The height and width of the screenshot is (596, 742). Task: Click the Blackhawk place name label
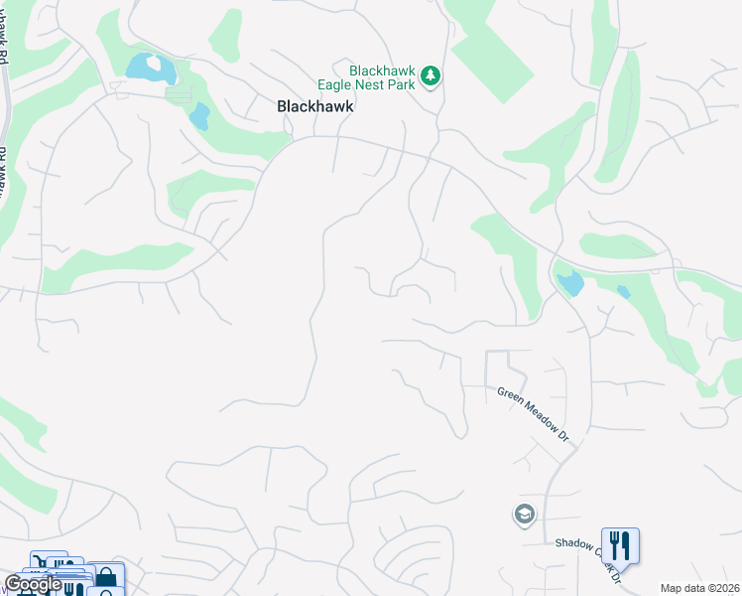tap(314, 105)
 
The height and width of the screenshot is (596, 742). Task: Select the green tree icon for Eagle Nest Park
tap(430, 75)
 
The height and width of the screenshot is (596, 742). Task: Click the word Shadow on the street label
tap(573, 543)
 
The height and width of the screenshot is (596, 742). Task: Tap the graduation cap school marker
tap(523, 515)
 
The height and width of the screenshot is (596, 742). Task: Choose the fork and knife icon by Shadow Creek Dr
tap(620, 544)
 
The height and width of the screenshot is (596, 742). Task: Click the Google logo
tap(33, 584)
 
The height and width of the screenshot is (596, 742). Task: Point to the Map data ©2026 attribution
tap(700, 588)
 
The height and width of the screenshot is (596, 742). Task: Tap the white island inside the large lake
tap(154, 64)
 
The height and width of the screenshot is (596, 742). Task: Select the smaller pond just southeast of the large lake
tap(199, 116)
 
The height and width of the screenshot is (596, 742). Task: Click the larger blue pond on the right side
tap(570, 283)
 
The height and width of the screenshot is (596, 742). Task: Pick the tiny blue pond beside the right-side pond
tap(623, 292)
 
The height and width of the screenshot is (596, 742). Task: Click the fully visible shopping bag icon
tap(106, 577)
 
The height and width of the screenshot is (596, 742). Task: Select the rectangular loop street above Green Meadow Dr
tap(497, 369)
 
